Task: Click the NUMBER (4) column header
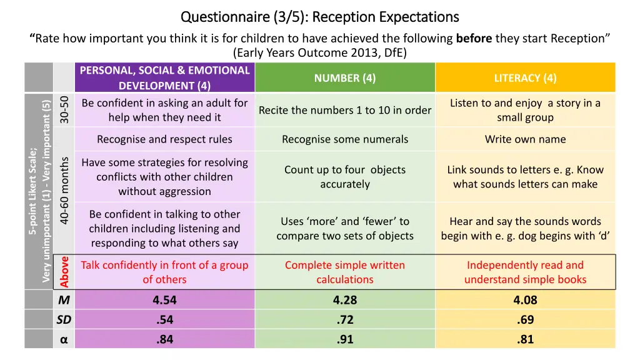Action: click(x=345, y=78)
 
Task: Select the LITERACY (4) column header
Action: click(x=525, y=78)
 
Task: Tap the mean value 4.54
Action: click(x=164, y=300)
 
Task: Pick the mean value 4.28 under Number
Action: click(x=345, y=300)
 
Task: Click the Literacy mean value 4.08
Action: click(x=525, y=300)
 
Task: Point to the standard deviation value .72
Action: click(x=345, y=320)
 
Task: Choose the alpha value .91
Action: click(x=345, y=340)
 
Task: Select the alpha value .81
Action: click(x=525, y=340)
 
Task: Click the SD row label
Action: click(x=64, y=320)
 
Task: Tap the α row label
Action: click(x=64, y=340)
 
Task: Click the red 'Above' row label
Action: click(x=64, y=272)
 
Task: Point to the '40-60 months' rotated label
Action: click(x=64, y=189)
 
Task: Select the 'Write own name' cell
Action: click(x=525, y=139)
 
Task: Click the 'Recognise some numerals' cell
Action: click(x=345, y=139)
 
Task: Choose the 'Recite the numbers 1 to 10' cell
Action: click(x=345, y=110)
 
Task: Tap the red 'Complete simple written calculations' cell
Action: click(x=345, y=272)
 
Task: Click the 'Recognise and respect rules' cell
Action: click(x=164, y=139)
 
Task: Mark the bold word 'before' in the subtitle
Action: click(x=474, y=39)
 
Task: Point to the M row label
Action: click(x=64, y=300)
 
